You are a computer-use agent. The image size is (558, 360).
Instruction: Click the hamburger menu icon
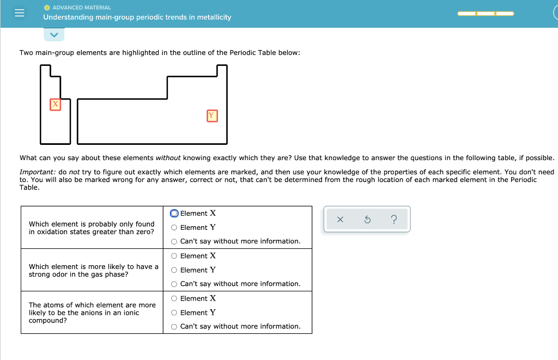[x=19, y=14]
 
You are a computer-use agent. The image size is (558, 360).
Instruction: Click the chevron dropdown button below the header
[x=54, y=35]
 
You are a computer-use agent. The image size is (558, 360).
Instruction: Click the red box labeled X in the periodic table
[x=55, y=104]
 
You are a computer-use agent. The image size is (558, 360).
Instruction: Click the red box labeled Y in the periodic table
[x=212, y=115]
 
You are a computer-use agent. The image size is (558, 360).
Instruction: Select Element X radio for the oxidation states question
[x=174, y=213]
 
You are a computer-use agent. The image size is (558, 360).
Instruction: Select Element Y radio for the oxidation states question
[x=174, y=228]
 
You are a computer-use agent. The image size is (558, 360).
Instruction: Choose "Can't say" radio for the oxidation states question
[x=174, y=241]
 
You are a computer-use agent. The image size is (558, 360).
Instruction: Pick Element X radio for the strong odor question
[x=174, y=256]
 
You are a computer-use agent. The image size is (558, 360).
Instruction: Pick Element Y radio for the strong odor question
[x=174, y=270]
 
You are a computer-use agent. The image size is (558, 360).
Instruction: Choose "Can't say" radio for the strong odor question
[x=174, y=284]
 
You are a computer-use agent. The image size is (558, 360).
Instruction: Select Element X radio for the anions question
[x=174, y=298]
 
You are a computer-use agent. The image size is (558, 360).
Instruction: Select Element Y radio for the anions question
[x=174, y=313]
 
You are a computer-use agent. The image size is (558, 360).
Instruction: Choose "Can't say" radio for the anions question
[x=174, y=327]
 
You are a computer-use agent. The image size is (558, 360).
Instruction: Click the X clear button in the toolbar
[x=340, y=219]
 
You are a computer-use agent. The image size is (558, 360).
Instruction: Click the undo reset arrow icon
[x=367, y=219]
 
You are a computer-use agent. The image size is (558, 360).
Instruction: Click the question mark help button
[x=394, y=219]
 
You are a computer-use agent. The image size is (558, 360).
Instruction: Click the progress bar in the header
[x=486, y=14]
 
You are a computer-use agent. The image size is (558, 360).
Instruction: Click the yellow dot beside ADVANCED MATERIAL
[x=47, y=8]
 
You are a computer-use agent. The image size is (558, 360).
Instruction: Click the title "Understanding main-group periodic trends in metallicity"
[x=137, y=17]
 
